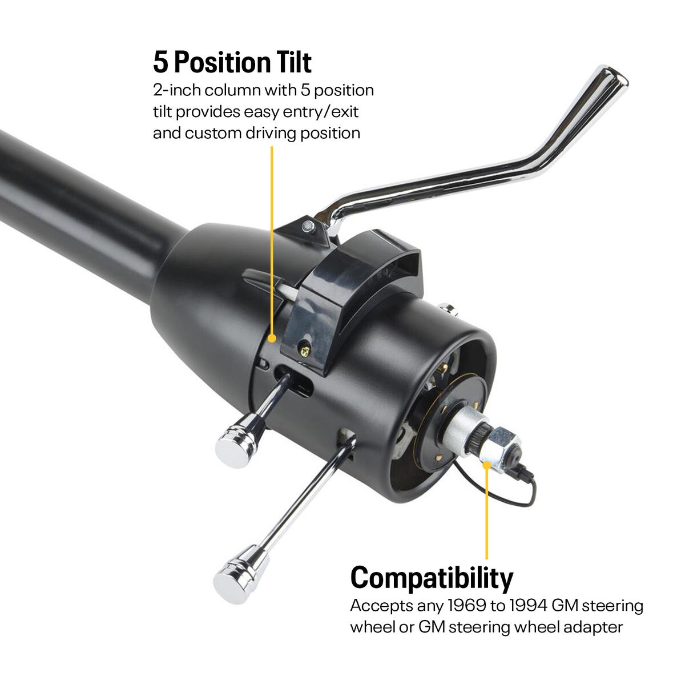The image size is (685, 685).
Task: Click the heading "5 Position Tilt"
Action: click(232, 62)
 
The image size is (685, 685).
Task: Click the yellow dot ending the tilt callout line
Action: click(272, 338)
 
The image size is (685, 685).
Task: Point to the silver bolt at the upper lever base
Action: click(309, 226)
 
